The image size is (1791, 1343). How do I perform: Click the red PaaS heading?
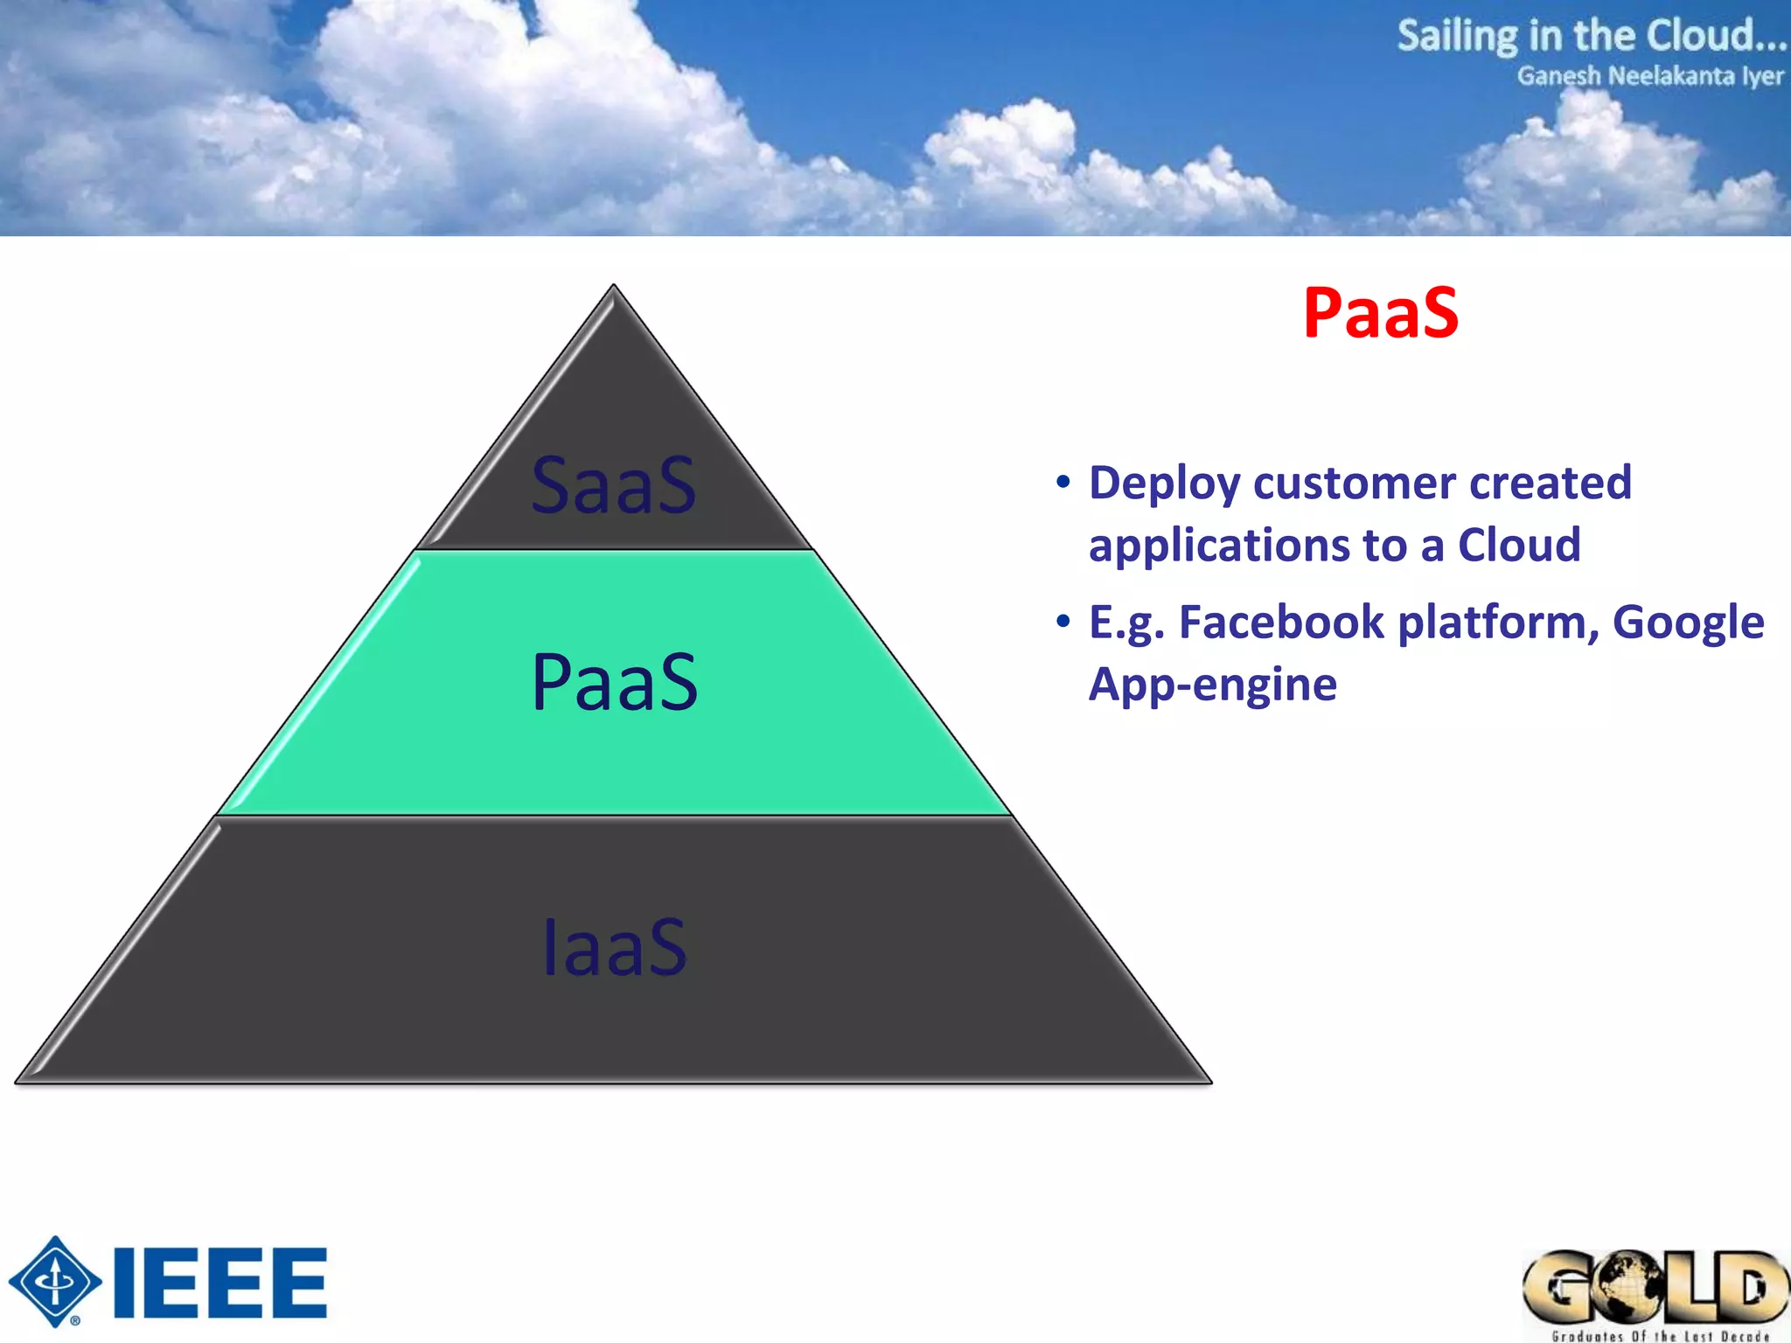pos(1380,313)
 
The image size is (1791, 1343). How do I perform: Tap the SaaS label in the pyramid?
pos(614,485)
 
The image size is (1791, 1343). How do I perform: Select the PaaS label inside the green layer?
pos(614,683)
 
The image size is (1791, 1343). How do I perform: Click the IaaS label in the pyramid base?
pos(614,948)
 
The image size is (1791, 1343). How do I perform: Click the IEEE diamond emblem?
pos(55,1281)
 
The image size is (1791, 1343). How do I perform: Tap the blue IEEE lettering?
pos(220,1283)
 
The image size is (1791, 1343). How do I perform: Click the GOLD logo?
pos(1655,1286)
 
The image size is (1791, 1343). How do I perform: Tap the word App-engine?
pos(1212,685)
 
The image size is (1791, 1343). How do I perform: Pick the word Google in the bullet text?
pos(1687,623)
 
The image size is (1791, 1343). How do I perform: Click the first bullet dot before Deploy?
pos(1063,483)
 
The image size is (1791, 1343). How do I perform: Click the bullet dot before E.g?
pos(1063,622)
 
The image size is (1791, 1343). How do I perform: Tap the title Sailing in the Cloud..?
pos(1590,36)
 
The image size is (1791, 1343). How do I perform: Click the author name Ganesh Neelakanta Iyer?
pos(1649,76)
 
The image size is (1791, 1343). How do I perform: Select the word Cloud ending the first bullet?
pos(1519,545)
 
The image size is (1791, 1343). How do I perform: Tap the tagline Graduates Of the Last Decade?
pos(1659,1335)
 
